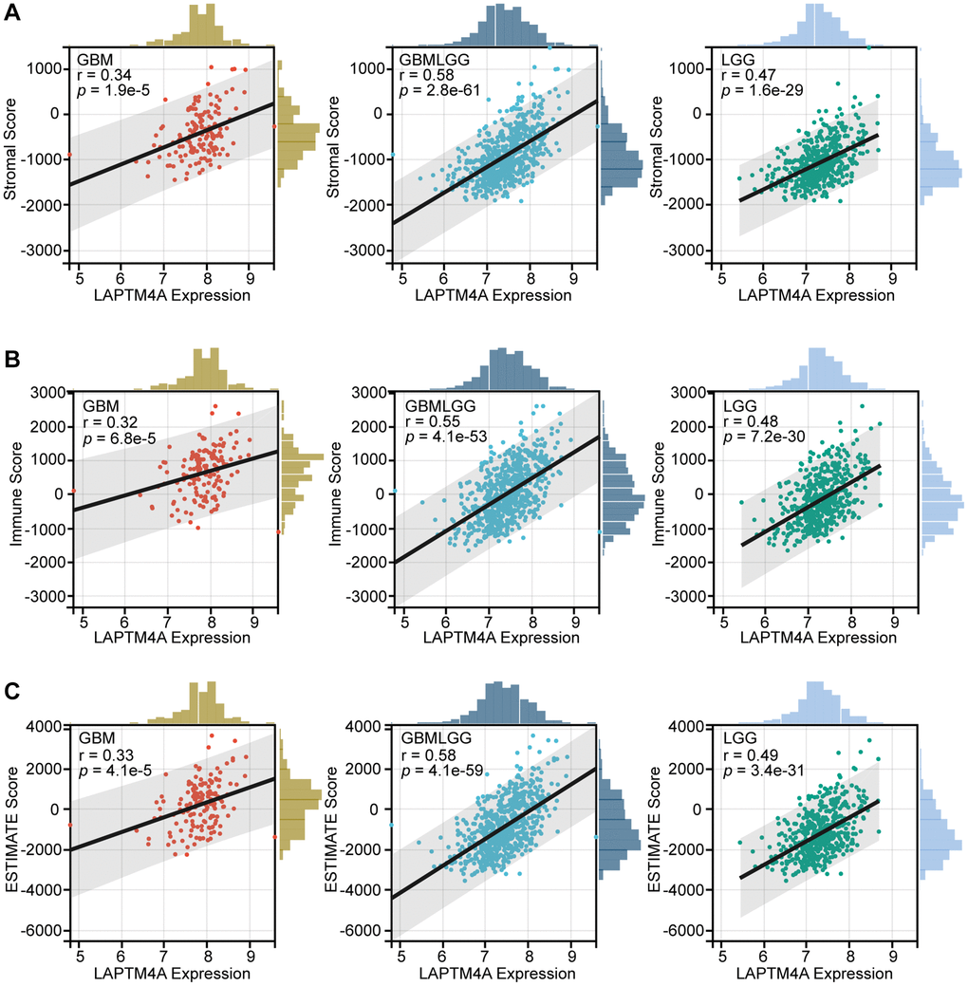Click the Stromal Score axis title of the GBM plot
point(11,158)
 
